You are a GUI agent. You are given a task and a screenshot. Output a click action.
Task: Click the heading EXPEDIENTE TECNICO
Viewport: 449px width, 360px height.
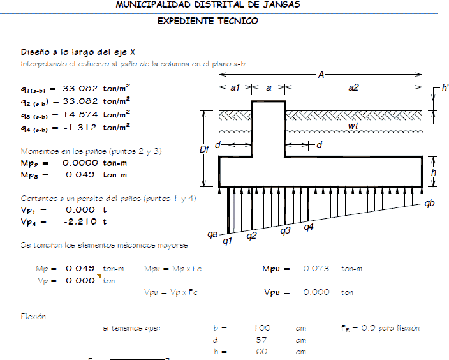(x=208, y=21)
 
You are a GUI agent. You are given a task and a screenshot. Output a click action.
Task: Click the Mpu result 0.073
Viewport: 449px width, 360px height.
(x=316, y=269)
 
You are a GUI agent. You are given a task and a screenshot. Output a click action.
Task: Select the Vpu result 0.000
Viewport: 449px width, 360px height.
(x=316, y=292)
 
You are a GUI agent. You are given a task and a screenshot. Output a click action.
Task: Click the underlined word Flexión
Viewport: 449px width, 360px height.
(x=33, y=317)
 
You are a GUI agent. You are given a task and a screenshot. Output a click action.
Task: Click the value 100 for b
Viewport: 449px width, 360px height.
(x=261, y=328)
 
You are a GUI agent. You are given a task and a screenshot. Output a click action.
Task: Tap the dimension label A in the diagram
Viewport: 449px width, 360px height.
(x=321, y=75)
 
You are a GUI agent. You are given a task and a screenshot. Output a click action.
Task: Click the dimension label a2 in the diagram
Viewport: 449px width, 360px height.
(x=353, y=87)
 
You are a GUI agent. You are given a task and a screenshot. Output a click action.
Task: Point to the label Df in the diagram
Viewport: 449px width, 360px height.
(x=205, y=149)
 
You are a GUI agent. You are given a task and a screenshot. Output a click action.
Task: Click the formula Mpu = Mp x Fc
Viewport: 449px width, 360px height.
(x=171, y=269)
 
